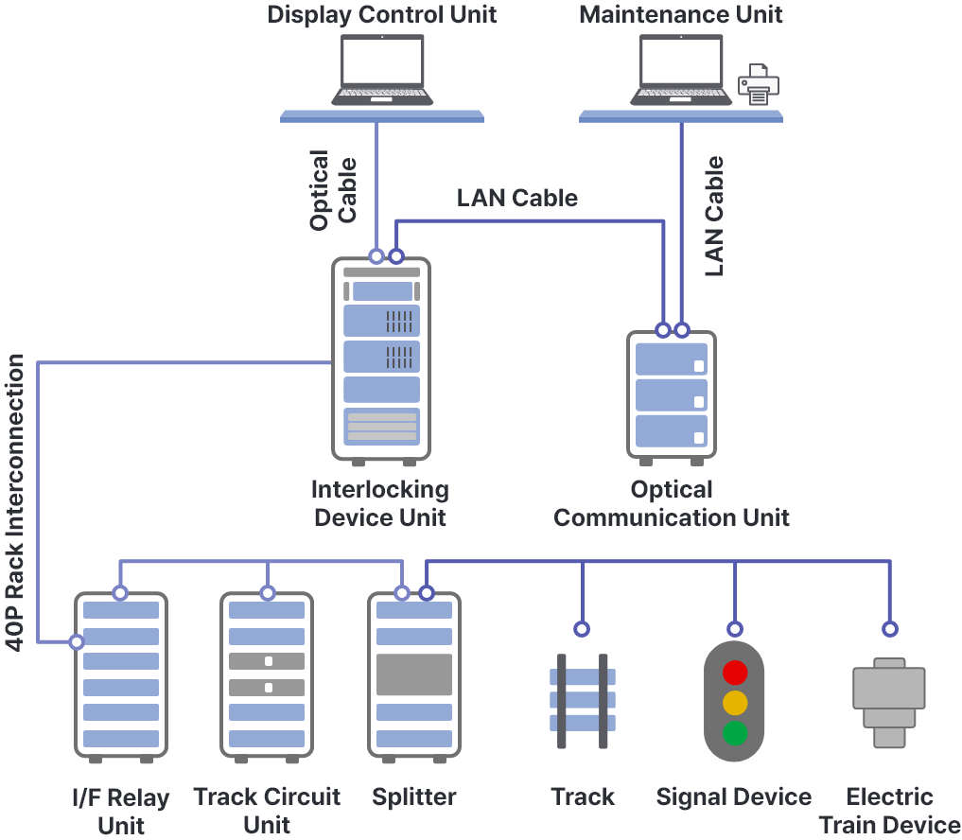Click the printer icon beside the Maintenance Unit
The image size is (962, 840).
coord(758,84)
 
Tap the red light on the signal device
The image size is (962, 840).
coord(735,673)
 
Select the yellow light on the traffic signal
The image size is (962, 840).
coord(735,703)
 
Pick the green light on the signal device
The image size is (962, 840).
coord(735,733)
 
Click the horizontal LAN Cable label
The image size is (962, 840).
coord(516,198)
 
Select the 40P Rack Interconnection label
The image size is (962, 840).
coord(16,502)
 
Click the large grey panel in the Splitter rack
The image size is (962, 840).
coord(414,674)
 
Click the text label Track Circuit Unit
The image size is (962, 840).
coord(267,810)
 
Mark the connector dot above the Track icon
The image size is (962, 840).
coord(583,629)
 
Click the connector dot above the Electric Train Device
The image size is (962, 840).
coord(889,629)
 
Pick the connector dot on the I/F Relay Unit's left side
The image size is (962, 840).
coord(77,642)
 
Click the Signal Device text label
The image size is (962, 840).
coord(734,797)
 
